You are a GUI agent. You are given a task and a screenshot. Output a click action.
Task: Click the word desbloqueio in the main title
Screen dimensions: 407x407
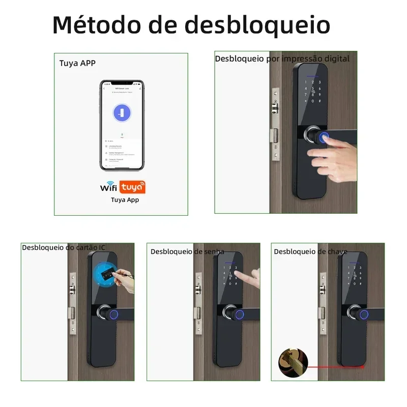pos(257,24)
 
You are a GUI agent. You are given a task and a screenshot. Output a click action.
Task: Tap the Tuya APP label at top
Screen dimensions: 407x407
pos(77,64)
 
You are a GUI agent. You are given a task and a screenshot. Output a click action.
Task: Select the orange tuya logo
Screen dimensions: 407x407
pos(132,187)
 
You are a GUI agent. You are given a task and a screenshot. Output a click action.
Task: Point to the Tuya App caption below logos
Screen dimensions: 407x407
pos(125,200)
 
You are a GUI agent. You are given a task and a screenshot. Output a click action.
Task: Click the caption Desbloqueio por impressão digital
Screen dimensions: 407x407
pos(282,59)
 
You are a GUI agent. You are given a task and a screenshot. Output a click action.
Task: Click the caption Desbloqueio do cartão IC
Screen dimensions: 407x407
pos(64,247)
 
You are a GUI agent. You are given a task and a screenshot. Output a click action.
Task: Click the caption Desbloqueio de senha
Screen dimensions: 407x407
pos(187,251)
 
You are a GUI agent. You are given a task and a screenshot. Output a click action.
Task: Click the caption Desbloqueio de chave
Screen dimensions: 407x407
pos(310,251)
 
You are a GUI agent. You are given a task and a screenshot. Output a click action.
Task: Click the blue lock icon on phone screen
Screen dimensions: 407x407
pos(121,113)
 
